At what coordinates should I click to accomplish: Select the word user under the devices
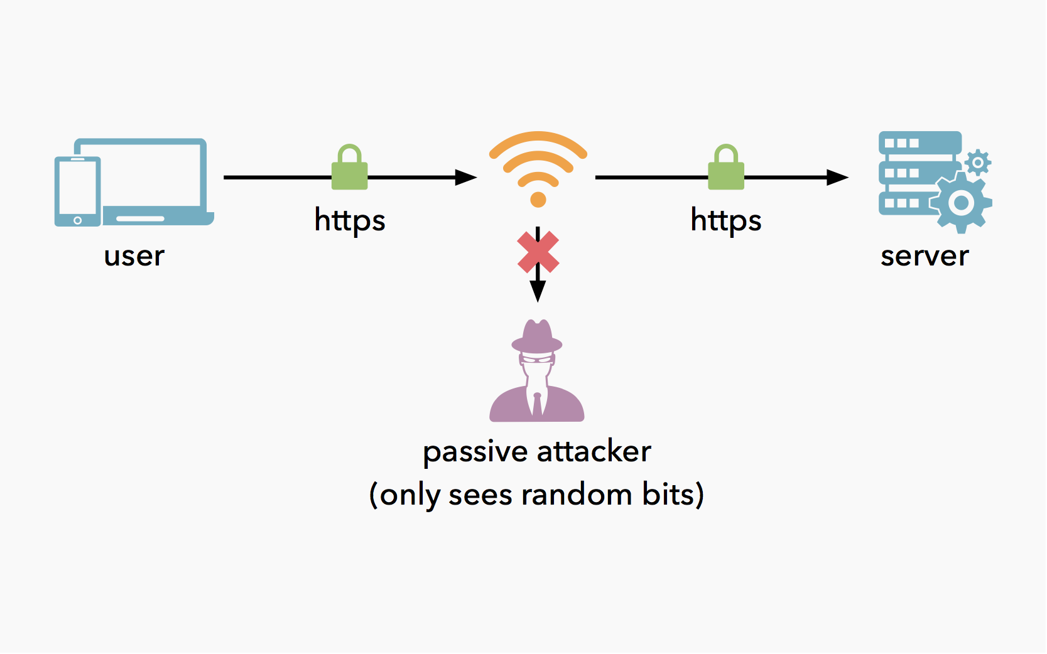[x=134, y=256]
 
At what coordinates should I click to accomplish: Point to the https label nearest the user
[x=349, y=220]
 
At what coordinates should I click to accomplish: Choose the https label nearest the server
[x=725, y=220]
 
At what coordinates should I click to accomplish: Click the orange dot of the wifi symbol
[x=538, y=200]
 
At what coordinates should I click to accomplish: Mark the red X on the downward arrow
[x=538, y=252]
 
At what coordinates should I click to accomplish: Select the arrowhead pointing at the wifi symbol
[x=465, y=178]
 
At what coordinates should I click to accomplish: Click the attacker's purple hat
[x=537, y=336]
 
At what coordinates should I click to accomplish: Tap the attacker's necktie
[x=537, y=404]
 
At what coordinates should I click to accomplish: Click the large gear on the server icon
[x=960, y=203]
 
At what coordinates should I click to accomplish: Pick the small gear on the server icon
[x=977, y=163]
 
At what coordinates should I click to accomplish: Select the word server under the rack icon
[x=924, y=256]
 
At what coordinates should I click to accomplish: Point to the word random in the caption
[x=576, y=495]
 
